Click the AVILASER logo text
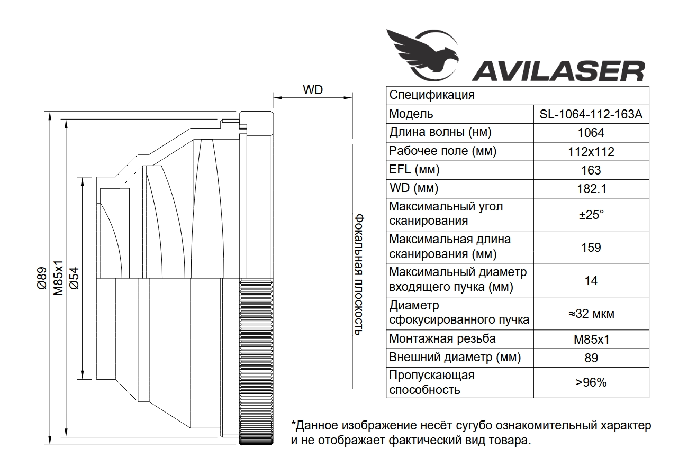point(558,70)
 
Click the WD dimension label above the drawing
point(313,90)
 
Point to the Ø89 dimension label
point(41,278)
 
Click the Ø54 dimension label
point(74,278)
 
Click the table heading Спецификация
point(432,95)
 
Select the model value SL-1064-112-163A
point(591,114)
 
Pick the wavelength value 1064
point(591,133)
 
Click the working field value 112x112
point(591,152)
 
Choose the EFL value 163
point(591,170)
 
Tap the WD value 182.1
point(591,189)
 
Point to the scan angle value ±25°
point(591,214)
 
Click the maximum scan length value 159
point(591,247)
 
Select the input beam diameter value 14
point(591,280)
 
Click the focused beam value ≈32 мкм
point(591,314)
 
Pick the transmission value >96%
point(591,382)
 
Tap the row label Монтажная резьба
point(442,339)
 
